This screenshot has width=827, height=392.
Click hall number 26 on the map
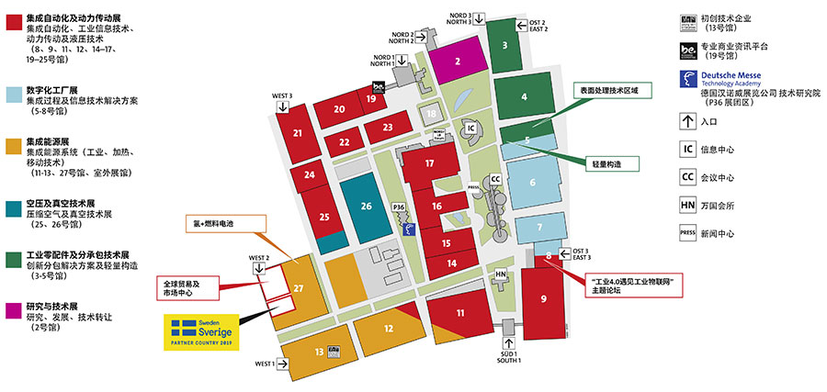366,206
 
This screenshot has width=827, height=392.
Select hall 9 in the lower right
543,297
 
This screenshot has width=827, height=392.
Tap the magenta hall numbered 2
458,62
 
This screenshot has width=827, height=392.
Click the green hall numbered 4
523,96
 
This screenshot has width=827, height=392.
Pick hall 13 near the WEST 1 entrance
318,352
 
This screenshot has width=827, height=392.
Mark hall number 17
429,162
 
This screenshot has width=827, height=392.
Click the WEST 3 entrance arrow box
282,106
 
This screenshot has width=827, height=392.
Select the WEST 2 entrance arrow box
259,267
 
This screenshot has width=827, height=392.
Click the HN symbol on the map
501,274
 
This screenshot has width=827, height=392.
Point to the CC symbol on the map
495,178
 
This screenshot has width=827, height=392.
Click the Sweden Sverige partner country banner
201,332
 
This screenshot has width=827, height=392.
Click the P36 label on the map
399,207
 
